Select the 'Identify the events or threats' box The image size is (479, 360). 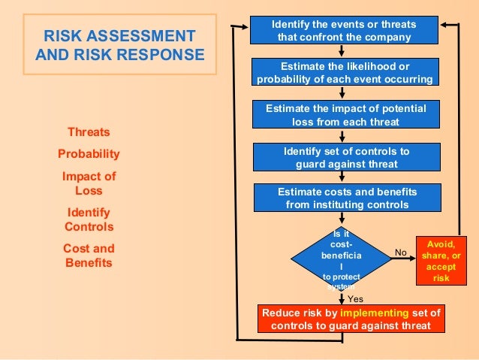pyautogui.click(x=344, y=31)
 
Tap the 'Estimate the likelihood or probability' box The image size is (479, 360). pyautogui.click(x=344, y=72)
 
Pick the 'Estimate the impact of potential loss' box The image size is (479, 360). pyautogui.click(x=345, y=114)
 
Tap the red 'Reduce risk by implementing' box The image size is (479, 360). pyautogui.click(x=351, y=319)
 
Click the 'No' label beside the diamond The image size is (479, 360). pyautogui.click(x=401, y=253)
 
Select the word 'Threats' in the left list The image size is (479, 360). pyautogui.click(x=89, y=132)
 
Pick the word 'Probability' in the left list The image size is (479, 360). pyautogui.click(x=89, y=154)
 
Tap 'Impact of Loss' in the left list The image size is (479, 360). pyautogui.click(x=89, y=183)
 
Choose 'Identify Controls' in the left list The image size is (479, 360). pyautogui.click(x=89, y=219)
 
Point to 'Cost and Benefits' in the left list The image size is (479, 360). pyautogui.click(x=89, y=256)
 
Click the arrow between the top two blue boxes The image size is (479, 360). pyautogui.click(x=342, y=51)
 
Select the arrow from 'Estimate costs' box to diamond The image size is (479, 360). pyautogui.click(x=342, y=220)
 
